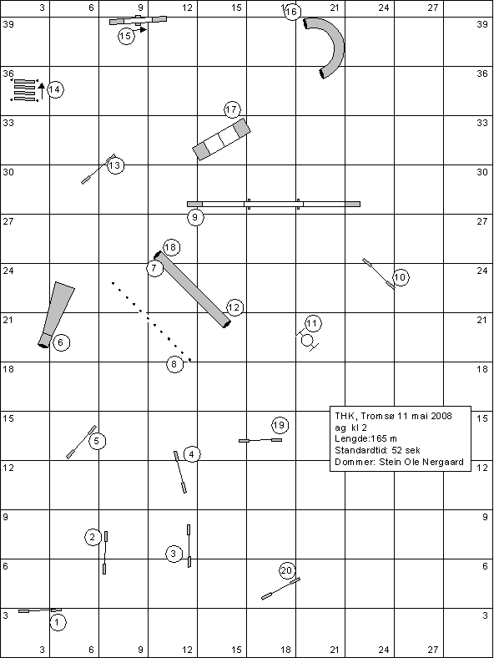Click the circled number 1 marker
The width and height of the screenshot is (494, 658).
58,622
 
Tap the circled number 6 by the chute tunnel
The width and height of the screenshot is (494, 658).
61,343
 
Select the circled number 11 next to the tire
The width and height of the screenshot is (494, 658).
312,323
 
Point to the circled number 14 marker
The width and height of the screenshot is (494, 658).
55,89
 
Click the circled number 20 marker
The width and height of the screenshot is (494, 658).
286,570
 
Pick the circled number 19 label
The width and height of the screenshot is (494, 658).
280,426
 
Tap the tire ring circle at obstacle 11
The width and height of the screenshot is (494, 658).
307,340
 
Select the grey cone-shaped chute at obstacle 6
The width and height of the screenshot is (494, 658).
57,315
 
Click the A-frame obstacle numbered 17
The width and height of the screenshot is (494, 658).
221,139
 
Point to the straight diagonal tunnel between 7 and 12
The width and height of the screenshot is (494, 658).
193,289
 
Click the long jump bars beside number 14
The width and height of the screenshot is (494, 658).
24,90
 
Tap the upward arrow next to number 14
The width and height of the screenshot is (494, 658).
41,92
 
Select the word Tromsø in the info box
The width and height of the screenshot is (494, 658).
378,416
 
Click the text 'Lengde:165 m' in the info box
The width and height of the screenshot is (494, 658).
365,438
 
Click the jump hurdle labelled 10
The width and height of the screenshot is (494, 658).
379,274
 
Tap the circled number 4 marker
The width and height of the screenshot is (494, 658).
192,454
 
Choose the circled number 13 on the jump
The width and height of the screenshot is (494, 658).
115,166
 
